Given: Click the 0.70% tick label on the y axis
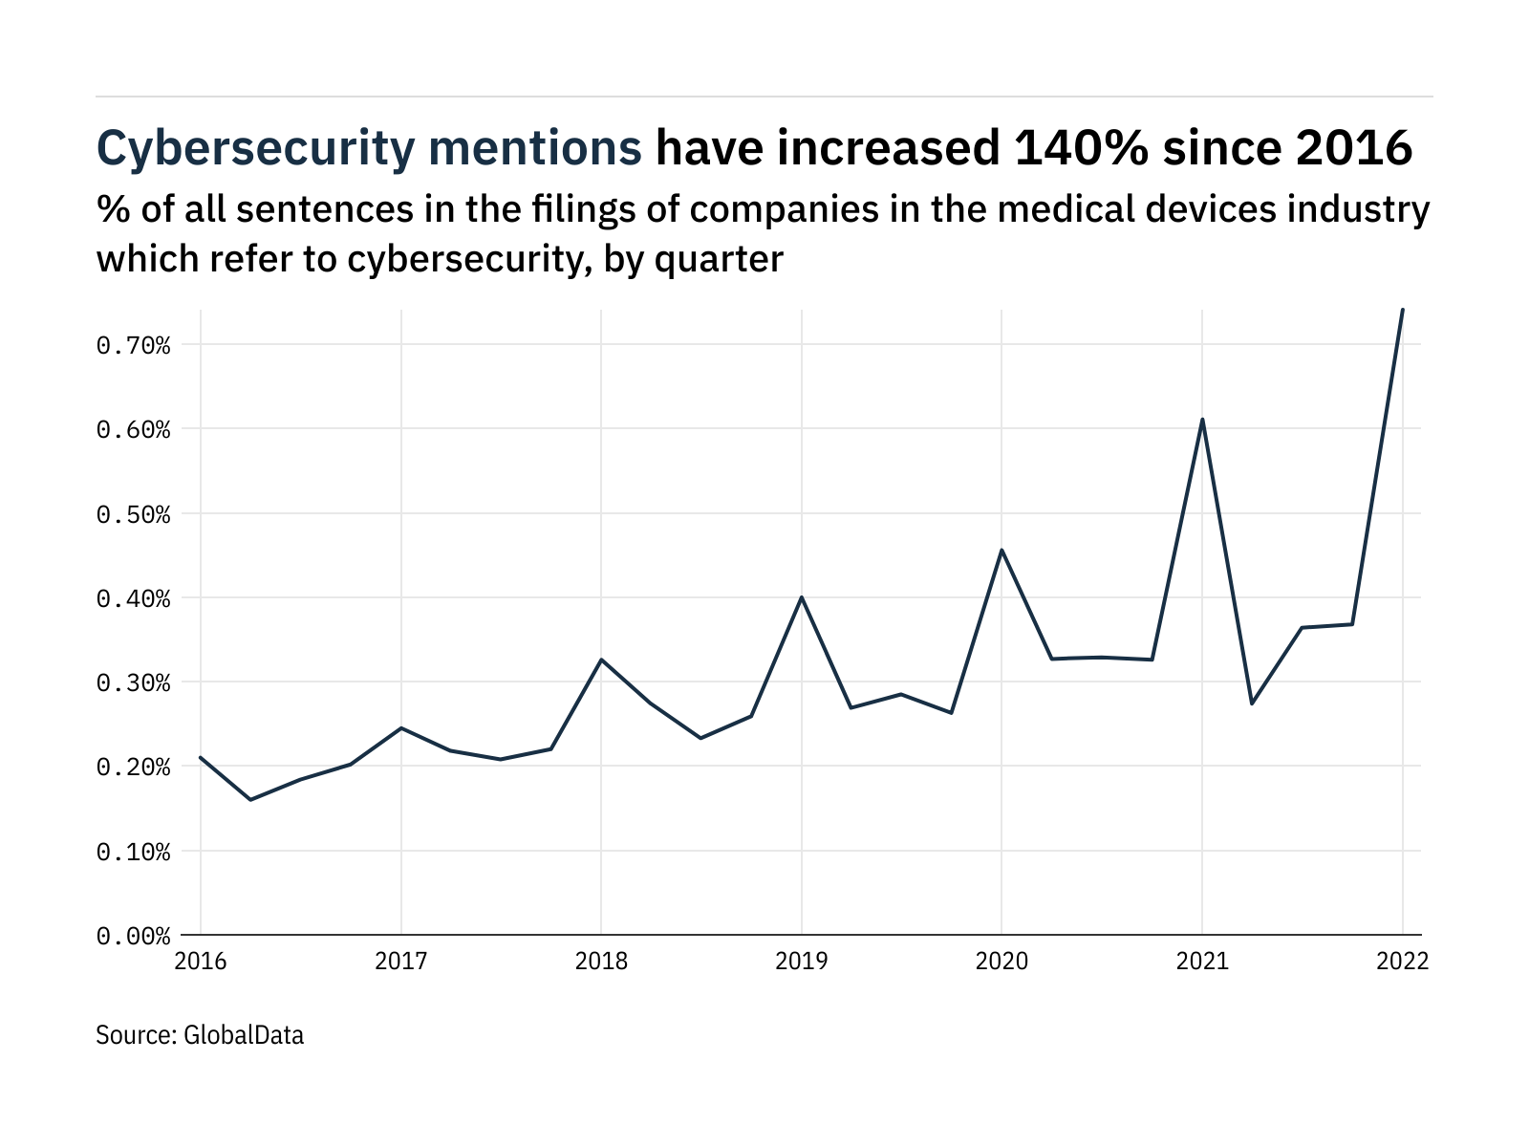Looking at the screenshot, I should coord(133,345).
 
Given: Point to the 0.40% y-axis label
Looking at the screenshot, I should coord(133,599).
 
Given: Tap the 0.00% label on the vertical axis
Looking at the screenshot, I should coord(133,937).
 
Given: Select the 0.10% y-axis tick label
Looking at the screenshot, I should coord(133,852).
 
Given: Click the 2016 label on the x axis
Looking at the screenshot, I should coord(201,962).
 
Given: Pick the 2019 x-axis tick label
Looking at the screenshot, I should coord(801,962).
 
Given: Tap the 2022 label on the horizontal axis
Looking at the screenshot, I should coord(1402,962).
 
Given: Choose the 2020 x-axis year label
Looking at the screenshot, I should coord(1001,962).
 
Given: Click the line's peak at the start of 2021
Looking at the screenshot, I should coord(1202,420).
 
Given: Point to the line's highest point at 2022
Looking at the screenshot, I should coord(1402,310).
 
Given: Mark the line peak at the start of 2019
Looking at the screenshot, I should coord(801,597).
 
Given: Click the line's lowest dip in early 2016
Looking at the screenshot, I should coord(250,799).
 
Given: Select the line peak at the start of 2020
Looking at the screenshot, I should coord(1001,550).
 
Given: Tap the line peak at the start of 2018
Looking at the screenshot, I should coord(601,660).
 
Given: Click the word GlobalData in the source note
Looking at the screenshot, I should coord(243,1035).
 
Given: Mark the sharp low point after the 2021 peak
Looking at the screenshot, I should coord(1252,703).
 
